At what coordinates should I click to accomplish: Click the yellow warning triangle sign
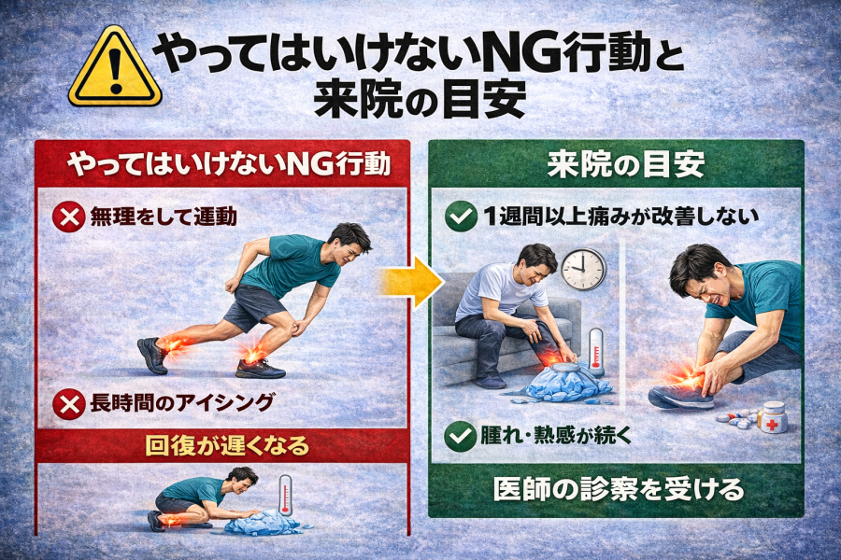(115, 67)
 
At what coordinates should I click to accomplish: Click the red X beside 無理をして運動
(68, 217)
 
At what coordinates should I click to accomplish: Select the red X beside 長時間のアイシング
(68, 403)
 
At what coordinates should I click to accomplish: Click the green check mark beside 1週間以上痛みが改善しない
(461, 217)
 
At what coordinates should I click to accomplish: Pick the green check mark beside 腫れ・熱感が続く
(460, 436)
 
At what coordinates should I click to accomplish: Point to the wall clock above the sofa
(583, 269)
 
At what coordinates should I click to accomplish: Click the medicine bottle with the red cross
(773, 417)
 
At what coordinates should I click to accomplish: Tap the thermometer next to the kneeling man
(285, 496)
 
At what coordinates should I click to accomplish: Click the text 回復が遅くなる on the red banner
(228, 446)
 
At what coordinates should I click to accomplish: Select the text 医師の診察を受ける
(619, 489)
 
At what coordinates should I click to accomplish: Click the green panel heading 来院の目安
(626, 164)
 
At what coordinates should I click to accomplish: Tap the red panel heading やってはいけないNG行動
(230, 164)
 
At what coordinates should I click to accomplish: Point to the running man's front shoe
(260, 369)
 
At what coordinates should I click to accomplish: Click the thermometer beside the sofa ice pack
(596, 352)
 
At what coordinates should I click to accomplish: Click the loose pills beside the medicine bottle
(738, 419)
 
